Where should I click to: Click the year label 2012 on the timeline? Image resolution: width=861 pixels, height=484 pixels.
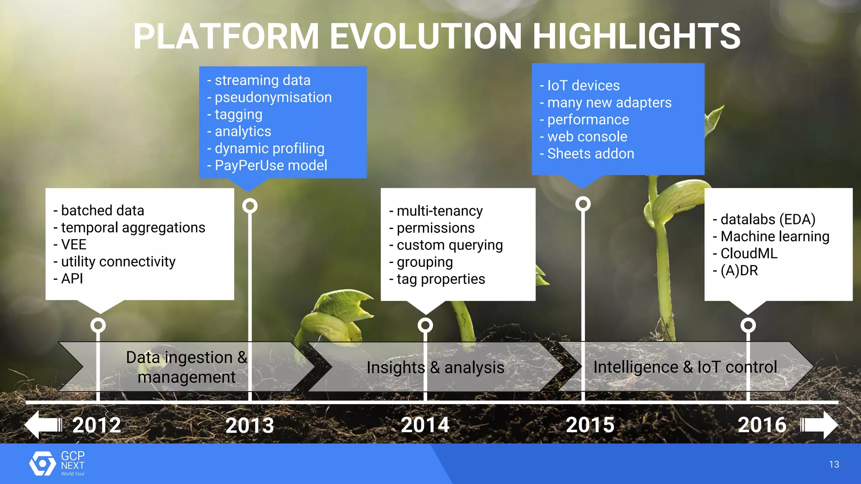[97, 425]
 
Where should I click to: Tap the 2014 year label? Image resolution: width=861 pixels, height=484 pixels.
[425, 425]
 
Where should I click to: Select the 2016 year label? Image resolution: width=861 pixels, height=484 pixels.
[762, 425]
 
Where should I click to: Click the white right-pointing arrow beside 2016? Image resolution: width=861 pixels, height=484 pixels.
[819, 425]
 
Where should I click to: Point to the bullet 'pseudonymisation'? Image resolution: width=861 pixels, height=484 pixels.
[273, 97]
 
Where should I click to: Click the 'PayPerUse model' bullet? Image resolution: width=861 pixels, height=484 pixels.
[271, 166]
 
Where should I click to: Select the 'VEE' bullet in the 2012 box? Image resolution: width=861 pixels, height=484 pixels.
[74, 245]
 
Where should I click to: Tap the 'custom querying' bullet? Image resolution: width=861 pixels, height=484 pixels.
[449, 245]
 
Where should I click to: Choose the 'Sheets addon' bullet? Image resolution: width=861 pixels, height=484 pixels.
[590, 154]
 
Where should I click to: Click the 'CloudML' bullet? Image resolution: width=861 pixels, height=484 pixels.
[749, 253]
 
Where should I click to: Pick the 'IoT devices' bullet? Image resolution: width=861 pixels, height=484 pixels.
[583, 86]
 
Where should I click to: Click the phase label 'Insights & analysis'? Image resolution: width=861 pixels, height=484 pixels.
[435, 368]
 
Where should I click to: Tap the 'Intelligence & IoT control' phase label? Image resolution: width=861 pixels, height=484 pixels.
[685, 367]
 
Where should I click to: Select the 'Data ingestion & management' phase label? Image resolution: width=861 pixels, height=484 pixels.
[186, 367]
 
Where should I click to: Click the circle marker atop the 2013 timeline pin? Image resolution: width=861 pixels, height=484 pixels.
[250, 206]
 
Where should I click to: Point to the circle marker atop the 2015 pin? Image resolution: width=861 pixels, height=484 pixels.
[583, 204]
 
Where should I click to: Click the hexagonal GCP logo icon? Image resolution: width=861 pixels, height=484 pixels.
[42, 463]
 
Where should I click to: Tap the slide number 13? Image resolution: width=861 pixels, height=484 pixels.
[834, 464]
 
